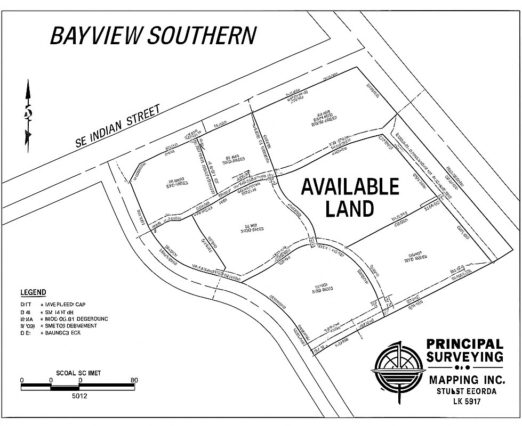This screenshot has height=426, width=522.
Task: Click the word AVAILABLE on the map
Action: point(350,187)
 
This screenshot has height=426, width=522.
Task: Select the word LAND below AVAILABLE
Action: point(349,209)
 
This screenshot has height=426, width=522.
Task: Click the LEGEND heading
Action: point(33,292)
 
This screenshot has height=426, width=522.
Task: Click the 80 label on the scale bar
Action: point(134,380)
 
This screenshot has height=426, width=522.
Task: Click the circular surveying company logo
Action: point(397,368)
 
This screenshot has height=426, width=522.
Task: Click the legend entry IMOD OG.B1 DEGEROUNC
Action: point(77,318)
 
